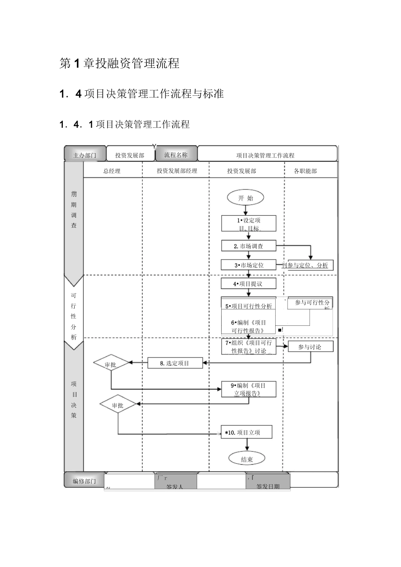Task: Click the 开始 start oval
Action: [x=246, y=197]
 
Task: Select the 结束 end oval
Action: [x=247, y=459]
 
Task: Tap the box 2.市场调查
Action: [x=249, y=246]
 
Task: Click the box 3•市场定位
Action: [x=249, y=265]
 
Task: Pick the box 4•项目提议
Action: [x=248, y=283]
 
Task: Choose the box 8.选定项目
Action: [x=175, y=363]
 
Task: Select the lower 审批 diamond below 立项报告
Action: [x=118, y=405]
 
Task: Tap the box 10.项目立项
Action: [x=247, y=432]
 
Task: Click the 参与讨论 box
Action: [x=310, y=346]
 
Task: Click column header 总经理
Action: [x=112, y=171]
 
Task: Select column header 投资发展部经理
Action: [x=177, y=171]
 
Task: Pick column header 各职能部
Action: [x=305, y=171]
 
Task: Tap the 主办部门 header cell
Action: [x=85, y=155]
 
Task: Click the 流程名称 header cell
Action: [x=176, y=154]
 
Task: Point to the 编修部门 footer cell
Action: [x=84, y=481]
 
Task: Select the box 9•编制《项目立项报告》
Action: [x=249, y=389]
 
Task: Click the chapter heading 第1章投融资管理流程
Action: [x=120, y=64]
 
